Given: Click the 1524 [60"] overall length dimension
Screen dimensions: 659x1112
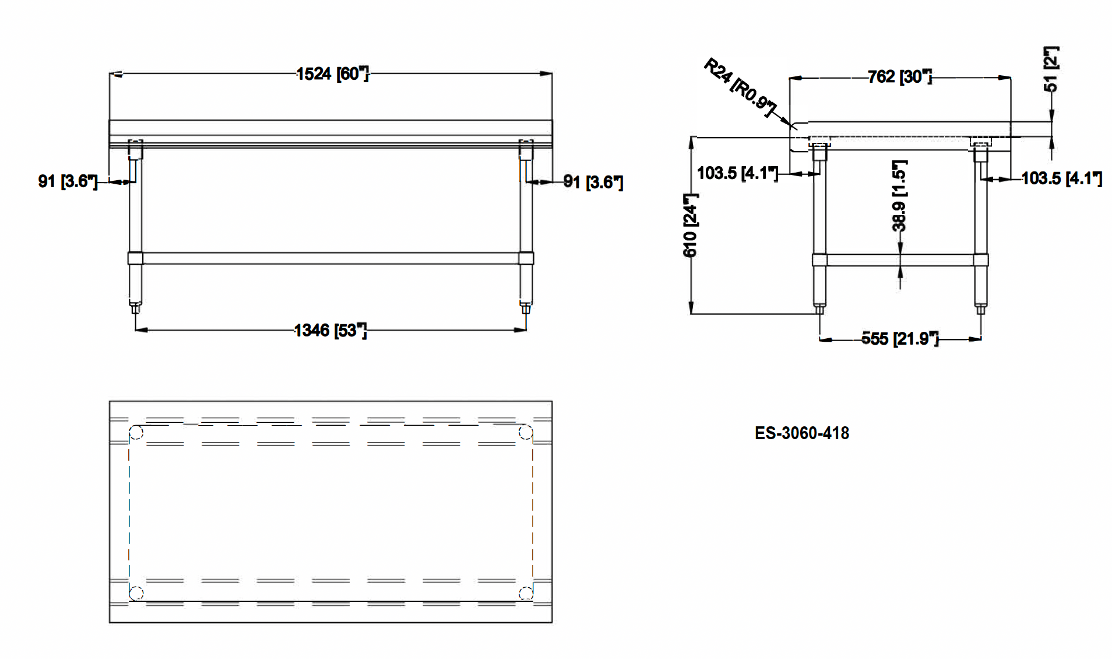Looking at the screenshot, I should click(x=332, y=74).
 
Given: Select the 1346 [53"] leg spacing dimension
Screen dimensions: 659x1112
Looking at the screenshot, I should click(x=330, y=331).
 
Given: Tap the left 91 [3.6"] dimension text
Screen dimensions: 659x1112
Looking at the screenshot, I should click(x=68, y=181).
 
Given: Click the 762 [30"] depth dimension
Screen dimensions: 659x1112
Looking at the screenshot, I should click(x=899, y=77).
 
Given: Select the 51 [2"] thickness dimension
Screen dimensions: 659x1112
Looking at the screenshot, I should click(x=1051, y=69).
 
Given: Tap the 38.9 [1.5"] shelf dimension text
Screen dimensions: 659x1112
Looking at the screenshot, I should click(x=899, y=196).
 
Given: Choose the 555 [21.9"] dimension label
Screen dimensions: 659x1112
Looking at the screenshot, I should click(x=900, y=339).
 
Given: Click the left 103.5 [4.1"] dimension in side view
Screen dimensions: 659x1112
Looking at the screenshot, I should click(x=737, y=173).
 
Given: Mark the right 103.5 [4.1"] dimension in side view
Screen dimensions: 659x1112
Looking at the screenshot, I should click(x=1061, y=178).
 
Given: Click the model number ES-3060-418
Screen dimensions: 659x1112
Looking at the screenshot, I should click(x=801, y=433).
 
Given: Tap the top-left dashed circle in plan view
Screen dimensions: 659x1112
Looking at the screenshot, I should click(x=136, y=433).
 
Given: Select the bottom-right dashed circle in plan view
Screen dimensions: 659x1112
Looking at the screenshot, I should click(x=526, y=594).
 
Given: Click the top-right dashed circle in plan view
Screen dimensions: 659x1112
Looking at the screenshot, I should click(x=526, y=432).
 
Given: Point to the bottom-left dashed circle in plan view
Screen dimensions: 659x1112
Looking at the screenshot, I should click(x=136, y=594).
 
